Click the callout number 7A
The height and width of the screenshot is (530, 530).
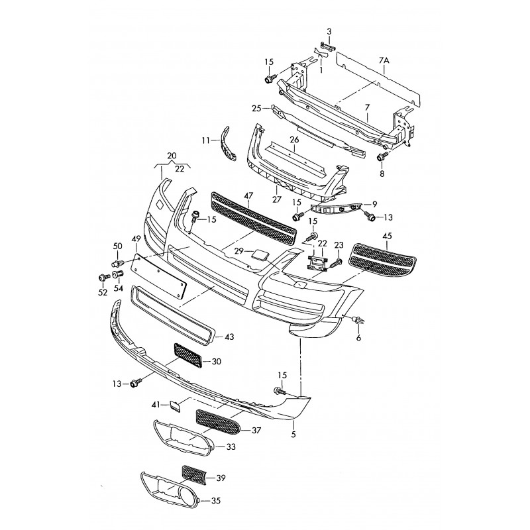(x=384, y=60)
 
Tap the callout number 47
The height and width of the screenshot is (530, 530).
(x=249, y=195)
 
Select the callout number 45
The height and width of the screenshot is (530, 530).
(x=388, y=236)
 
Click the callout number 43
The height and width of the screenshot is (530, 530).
(x=229, y=337)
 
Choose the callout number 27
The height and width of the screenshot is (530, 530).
(x=276, y=199)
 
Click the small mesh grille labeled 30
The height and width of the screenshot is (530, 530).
(x=188, y=355)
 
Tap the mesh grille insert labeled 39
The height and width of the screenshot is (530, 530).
(x=193, y=475)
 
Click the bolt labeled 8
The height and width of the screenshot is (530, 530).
(x=382, y=157)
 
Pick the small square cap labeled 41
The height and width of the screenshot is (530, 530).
(x=175, y=405)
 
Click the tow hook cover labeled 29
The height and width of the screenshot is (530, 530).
(x=260, y=254)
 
